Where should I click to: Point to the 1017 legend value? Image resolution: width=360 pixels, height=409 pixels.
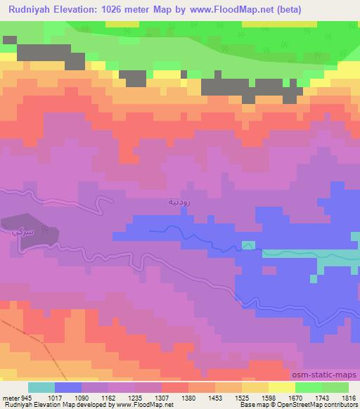[54, 397]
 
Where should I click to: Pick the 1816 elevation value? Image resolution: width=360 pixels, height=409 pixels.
[347, 397]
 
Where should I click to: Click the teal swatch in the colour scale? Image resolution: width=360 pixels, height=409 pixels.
[41, 387]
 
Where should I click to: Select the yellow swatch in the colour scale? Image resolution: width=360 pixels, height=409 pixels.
[282, 387]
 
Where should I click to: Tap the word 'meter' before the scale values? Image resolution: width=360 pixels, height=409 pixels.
[11, 397]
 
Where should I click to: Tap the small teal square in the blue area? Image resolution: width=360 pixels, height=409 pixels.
[247, 245]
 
